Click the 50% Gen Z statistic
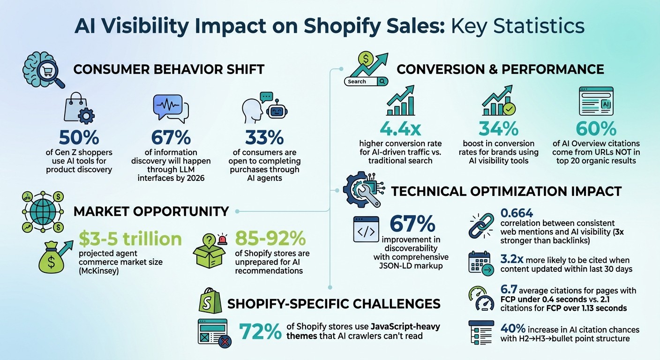[79, 137]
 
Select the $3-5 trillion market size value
[130, 239]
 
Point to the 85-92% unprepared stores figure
[270, 239]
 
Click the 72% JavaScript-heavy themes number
[259, 332]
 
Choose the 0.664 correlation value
[517, 213]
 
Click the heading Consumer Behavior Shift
[169, 70]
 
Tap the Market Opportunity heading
[151, 211]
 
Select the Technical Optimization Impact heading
[506, 191]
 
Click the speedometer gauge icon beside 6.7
[480, 299]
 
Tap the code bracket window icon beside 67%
[366, 230]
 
